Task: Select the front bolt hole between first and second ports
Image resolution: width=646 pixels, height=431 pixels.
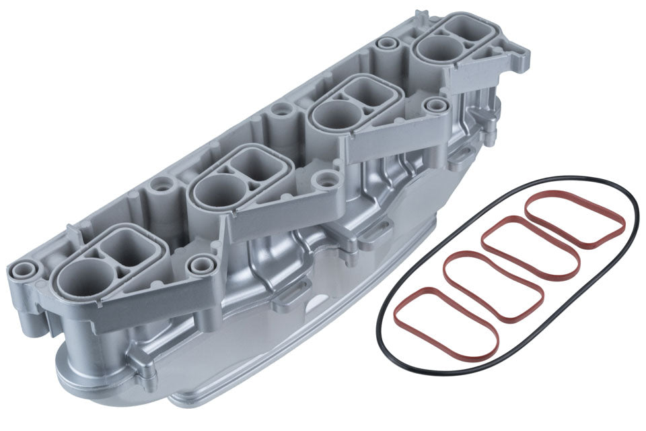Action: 201,265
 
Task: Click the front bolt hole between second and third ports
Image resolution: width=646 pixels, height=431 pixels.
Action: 327,179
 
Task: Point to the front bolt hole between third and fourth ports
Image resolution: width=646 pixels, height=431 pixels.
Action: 437,105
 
